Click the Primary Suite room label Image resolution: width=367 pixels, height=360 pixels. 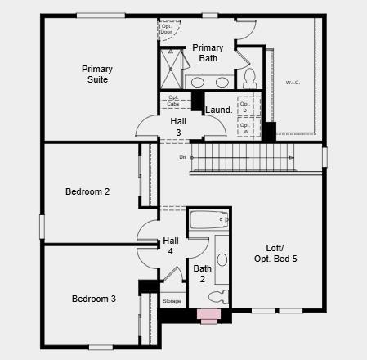(97, 74)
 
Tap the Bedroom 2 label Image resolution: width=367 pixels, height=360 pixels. (87, 191)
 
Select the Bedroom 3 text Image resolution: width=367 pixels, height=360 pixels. (93, 299)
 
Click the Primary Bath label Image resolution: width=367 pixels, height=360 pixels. (208, 53)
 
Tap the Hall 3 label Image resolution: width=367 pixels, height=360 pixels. (178, 126)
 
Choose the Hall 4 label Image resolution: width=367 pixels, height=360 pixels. (171, 245)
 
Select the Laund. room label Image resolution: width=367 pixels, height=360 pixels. (218, 110)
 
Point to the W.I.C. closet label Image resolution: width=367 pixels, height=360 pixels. (293, 83)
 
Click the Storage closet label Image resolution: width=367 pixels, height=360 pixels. (172, 301)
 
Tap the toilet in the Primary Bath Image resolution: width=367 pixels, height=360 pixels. (250, 79)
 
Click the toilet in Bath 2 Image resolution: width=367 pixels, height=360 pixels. (218, 297)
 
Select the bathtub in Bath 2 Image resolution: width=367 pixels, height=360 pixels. (208, 220)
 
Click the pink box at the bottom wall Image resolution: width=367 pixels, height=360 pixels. (209, 315)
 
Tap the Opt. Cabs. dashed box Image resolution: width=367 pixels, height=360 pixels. (174, 101)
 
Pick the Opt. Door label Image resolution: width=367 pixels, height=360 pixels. (166, 29)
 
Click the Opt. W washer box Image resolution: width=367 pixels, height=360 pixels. (245, 128)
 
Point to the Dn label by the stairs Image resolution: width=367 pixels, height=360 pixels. (182, 156)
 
